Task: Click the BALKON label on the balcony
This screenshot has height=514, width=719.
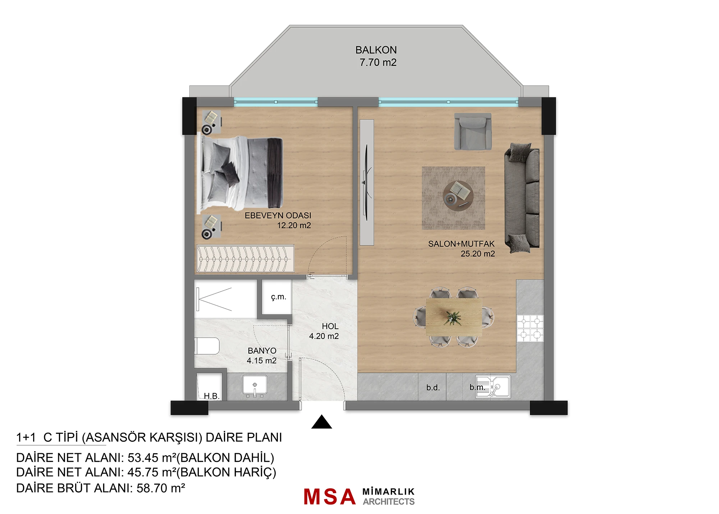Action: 376,50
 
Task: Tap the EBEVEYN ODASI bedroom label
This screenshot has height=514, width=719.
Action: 278,215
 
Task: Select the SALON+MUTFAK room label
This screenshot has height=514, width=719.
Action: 461,244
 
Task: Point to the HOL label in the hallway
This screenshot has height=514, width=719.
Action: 330,326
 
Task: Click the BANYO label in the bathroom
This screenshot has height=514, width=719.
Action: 262,351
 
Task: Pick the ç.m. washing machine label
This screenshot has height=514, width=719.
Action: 279,297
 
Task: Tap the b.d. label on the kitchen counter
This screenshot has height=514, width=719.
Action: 433,388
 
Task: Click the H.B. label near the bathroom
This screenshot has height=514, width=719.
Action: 211,396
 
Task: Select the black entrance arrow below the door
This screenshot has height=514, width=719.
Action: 322,422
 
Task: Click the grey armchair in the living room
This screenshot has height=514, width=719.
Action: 473,131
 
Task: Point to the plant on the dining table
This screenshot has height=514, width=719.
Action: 453,318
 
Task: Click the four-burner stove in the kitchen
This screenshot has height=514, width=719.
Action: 530,328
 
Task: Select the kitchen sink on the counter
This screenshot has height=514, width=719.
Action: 493,387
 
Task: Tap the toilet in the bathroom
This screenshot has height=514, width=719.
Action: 207,346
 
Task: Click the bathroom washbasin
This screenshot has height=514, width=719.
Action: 255,385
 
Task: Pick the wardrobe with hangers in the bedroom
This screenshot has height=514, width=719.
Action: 245,258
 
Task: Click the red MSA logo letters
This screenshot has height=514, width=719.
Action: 330,497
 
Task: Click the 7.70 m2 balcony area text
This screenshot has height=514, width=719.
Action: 378,63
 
